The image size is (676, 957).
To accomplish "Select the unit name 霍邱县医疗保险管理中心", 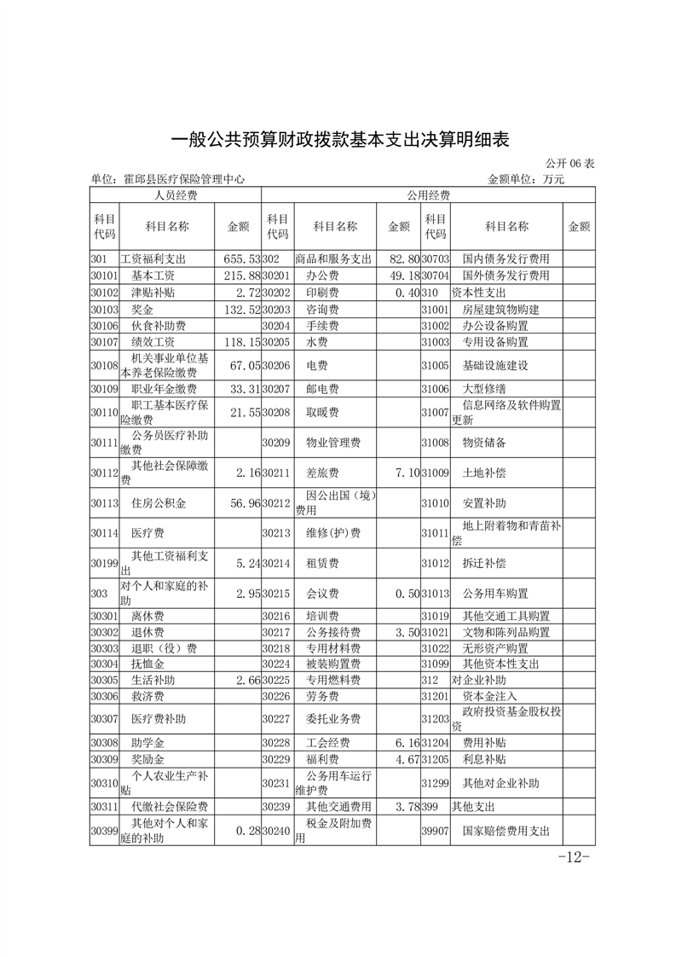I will point(167,180).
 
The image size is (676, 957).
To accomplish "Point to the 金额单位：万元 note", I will point(525,180).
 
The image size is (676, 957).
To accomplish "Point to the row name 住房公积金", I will point(159,503).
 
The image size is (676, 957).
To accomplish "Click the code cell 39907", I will point(435,830).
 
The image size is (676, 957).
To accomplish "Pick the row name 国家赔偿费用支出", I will point(506,830).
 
